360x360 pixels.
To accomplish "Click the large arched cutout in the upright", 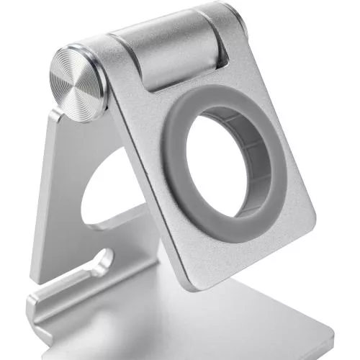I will click(94, 187).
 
